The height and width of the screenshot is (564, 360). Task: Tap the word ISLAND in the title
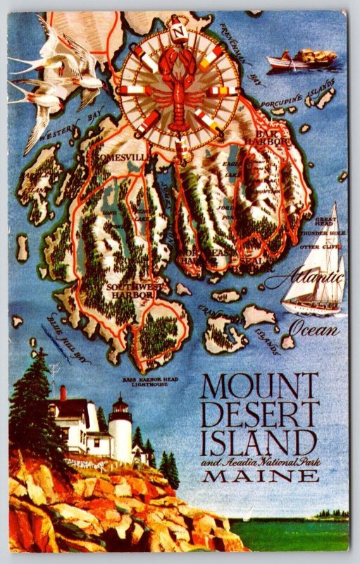(x=258, y=444)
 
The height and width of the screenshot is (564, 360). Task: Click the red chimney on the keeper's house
(x=63, y=393)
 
